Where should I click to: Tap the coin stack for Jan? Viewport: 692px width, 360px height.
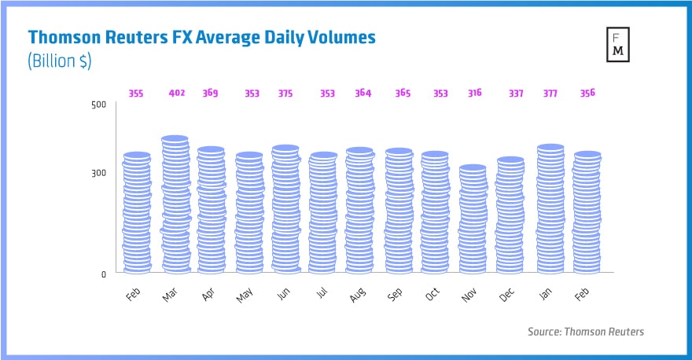click(x=550, y=208)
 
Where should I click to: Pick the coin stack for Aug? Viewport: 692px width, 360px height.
click(x=359, y=210)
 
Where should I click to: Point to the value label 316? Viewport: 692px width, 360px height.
click(x=475, y=94)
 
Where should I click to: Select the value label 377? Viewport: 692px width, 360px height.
click(x=550, y=94)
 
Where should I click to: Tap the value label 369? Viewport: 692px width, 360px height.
click(x=210, y=94)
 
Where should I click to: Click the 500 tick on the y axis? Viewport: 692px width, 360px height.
click(x=98, y=105)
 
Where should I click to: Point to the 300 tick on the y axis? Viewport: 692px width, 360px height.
click(x=98, y=173)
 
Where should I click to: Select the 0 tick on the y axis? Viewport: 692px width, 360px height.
click(x=103, y=274)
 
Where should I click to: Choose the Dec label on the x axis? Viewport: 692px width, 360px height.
click(x=507, y=295)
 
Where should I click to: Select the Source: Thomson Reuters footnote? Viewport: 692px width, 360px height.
click(x=585, y=332)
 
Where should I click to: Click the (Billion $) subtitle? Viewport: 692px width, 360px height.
click(x=60, y=62)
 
